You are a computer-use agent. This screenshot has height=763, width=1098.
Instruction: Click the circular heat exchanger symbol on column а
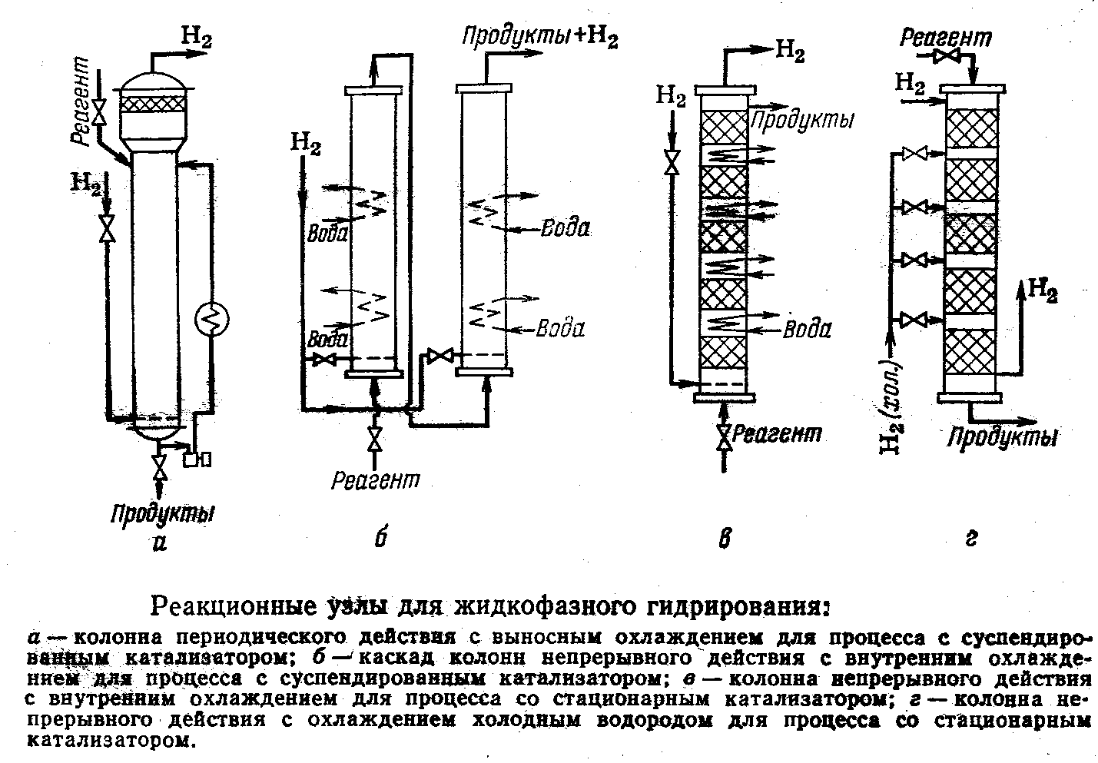[212, 320]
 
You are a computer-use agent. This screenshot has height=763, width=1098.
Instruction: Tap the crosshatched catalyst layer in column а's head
[153, 104]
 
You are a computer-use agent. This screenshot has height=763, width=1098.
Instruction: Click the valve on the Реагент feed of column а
[101, 111]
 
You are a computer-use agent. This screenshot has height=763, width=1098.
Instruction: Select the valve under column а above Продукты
[158, 467]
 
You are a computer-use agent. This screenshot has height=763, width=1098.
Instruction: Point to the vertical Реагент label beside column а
[79, 100]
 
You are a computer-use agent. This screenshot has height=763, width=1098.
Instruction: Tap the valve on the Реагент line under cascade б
[376, 439]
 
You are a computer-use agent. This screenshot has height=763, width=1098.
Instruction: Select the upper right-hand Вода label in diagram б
[565, 228]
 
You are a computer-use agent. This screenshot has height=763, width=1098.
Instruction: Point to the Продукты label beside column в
[802, 121]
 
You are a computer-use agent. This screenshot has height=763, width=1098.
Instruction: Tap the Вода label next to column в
[807, 329]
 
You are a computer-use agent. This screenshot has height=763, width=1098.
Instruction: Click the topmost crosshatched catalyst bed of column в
[725, 127]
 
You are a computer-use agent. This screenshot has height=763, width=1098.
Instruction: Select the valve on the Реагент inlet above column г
[946, 56]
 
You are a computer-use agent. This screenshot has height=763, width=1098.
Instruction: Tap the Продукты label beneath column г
[1002, 436]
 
